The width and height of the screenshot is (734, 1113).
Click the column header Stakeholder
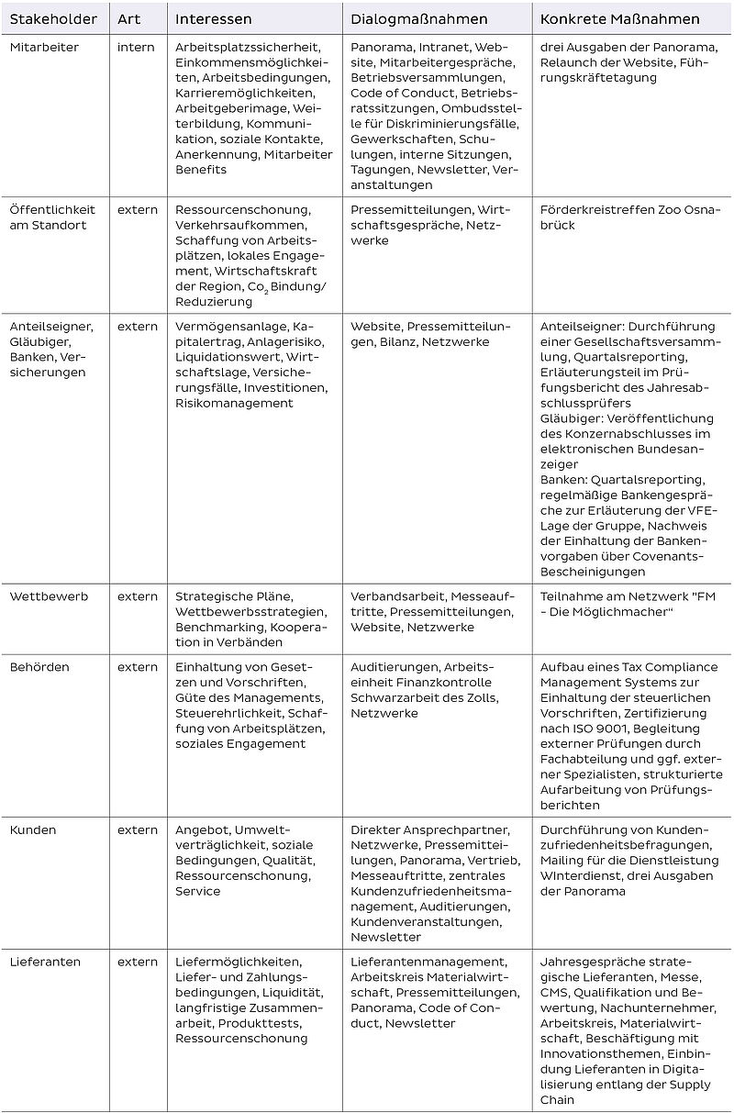(x=53, y=19)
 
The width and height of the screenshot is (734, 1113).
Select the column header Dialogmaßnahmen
(x=419, y=19)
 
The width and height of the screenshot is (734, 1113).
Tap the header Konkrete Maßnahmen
(x=619, y=19)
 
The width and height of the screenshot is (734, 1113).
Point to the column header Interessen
(x=213, y=19)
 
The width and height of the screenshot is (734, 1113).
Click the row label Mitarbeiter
(x=44, y=47)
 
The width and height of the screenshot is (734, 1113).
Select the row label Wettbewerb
(x=49, y=596)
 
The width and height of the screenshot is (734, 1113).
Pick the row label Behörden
(x=39, y=667)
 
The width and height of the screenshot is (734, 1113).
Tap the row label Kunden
(x=33, y=829)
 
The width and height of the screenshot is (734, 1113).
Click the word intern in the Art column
(x=136, y=47)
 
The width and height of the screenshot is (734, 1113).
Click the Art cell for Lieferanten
(x=138, y=962)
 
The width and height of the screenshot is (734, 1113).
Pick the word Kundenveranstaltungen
(x=425, y=921)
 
